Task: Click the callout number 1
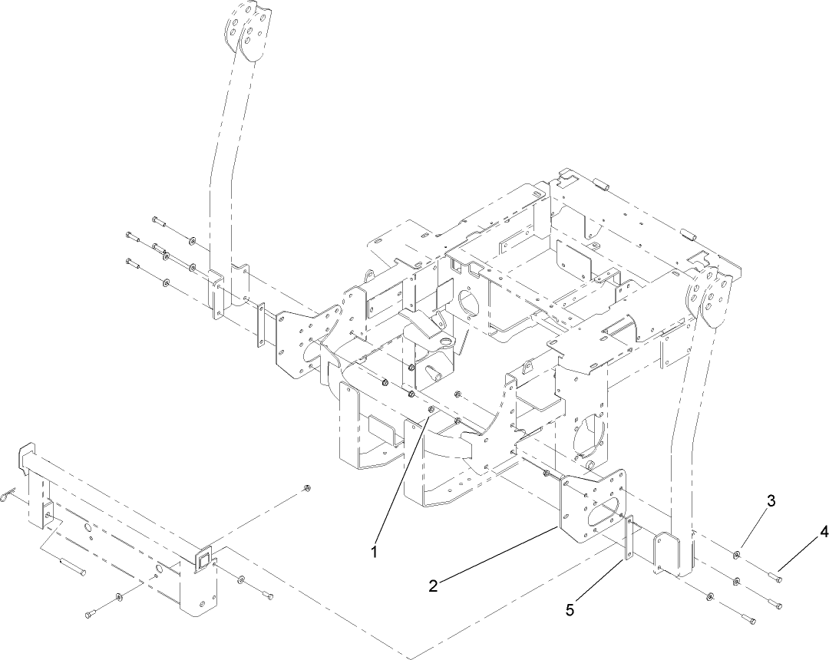pyautogui.click(x=375, y=552)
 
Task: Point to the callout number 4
pyautogui.click(x=824, y=530)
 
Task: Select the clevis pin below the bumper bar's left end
pyautogui.click(x=71, y=567)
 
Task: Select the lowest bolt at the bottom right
pyautogui.click(x=748, y=619)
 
